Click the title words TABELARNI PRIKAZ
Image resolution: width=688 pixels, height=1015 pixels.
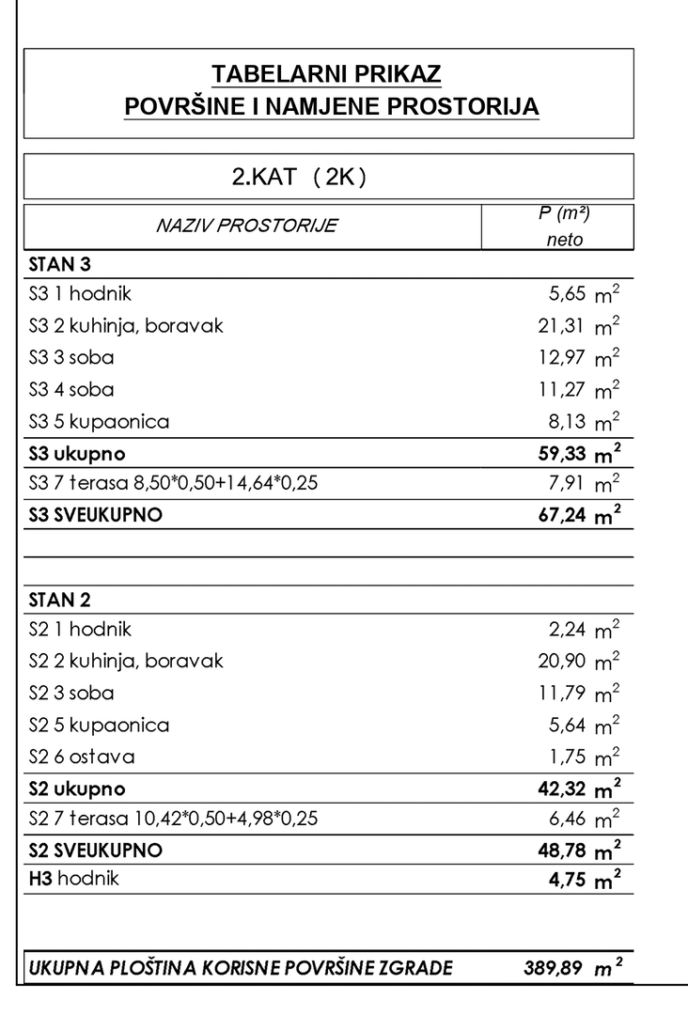[327, 74]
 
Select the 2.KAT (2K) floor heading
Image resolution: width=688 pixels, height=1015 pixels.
[298, 177]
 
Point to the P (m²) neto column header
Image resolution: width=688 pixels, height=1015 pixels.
[564, 226]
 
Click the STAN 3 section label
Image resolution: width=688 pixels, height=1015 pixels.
[59, 264]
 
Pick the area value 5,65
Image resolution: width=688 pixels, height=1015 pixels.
[568, 294]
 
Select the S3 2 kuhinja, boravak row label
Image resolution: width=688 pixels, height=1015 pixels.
[126, 326]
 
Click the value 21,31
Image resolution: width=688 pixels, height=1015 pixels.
[562, 326]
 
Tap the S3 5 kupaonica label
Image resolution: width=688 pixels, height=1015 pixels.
[100, 421]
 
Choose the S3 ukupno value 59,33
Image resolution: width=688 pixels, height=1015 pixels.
[562, 454]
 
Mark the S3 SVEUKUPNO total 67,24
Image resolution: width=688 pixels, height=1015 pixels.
[562, 515]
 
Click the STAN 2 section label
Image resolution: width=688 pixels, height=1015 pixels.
[59, 600]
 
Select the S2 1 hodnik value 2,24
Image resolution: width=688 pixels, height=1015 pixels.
[568, 630]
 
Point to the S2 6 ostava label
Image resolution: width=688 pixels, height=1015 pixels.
[82, 757]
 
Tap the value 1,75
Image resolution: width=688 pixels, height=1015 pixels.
[568, 757]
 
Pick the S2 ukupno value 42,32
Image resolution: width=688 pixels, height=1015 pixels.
[562, 789]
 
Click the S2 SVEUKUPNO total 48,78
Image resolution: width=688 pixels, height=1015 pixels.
[562, 851]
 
